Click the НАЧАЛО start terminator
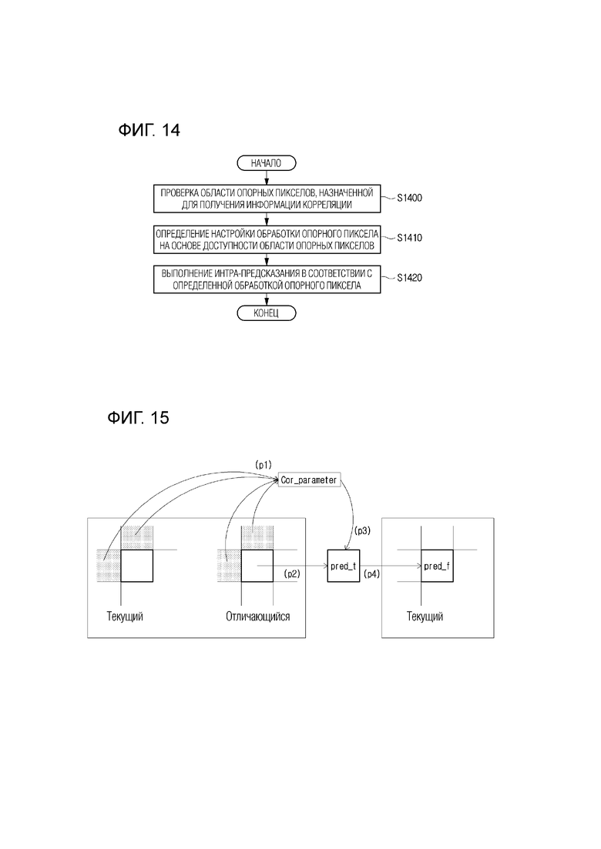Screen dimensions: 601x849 tap(266, 163)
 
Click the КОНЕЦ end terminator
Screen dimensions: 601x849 tap(266, 313)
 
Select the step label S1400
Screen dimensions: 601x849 tap(409, 198)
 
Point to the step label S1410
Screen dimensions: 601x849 tap(409, 238)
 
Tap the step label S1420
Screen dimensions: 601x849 tap(409, 278)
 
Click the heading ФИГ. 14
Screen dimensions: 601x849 tap(149, 131)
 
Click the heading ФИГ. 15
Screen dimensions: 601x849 tap(138, 417)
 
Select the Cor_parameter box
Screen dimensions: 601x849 tap(310, 480)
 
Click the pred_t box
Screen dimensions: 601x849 tap(344, 566)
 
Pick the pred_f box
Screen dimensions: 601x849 tap(437, 566)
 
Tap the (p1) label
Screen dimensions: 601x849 tap(264, 465)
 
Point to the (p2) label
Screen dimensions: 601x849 tap(291, 573)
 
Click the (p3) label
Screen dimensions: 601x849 tap(362, 530)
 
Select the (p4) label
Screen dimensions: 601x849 tap(371, 573)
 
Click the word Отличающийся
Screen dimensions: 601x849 tap(258, 617)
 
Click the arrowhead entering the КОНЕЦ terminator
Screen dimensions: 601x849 tap(266, 303)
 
